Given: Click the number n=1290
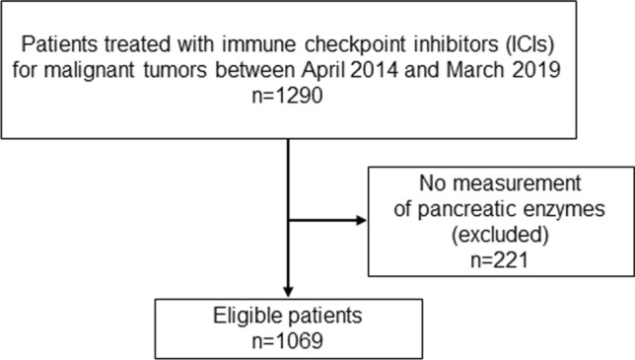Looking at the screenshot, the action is [x=288, y=96].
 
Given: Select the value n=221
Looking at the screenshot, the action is [x=500, y=260].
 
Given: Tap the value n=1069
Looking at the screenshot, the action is [x=288, y=340].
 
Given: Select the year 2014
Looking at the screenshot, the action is [x=375, y=70].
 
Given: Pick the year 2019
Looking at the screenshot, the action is [x=536, y=70].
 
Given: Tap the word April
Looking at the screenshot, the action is [x=323, y=70].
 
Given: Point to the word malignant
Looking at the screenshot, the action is [x=89, y=71].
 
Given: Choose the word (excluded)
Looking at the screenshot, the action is [x=500, y=235].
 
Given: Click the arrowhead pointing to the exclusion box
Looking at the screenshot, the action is [x=361, y=220].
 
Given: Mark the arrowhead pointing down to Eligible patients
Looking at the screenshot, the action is [x=288, y=292].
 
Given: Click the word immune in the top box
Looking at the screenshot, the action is [x=260, y=44].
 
